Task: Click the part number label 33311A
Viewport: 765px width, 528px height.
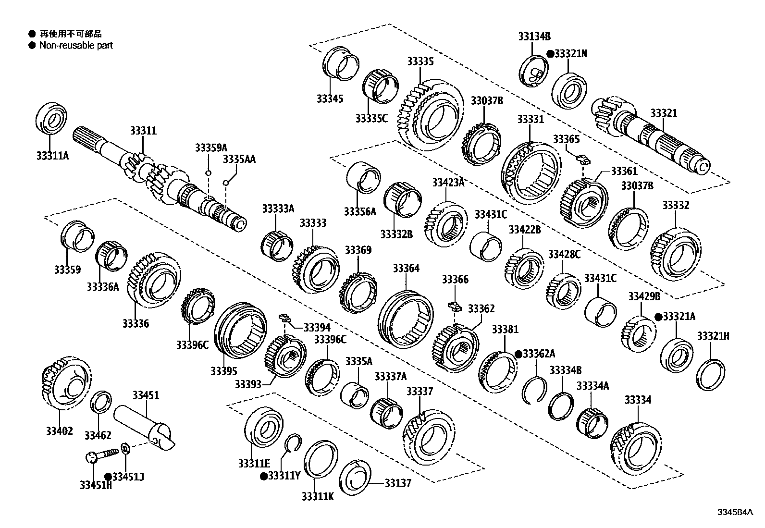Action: point(52,156)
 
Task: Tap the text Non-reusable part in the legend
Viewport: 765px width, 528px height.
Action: point(76,46)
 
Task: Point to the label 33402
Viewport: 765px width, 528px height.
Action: point(60,431)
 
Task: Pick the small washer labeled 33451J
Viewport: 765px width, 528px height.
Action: point(125,449)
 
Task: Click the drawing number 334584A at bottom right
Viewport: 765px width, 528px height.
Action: point(734,512)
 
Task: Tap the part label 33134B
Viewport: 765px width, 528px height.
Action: point(534,36)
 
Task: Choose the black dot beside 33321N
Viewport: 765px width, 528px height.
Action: point(550,54)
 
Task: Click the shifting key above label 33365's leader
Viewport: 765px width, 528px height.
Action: point(582,157)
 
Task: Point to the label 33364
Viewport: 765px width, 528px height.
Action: point(406,268)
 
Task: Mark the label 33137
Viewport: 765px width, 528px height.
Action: point(398,483)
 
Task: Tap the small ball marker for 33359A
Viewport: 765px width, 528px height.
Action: point(209,173)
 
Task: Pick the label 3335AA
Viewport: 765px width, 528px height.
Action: point(239,160)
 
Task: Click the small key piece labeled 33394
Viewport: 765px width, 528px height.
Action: point(285,318)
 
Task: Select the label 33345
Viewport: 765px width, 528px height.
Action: point(330,99)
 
